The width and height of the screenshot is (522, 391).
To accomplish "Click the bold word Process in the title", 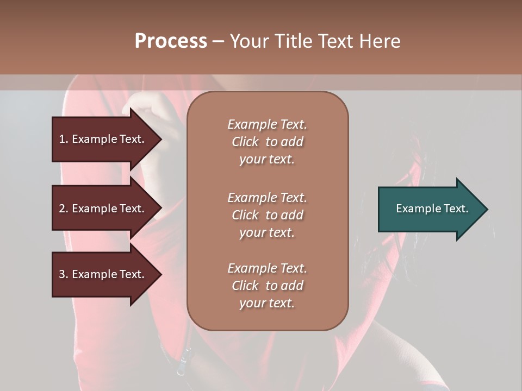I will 171,41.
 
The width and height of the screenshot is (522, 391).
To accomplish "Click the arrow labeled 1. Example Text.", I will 103,139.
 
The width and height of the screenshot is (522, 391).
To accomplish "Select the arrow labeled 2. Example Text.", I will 103,209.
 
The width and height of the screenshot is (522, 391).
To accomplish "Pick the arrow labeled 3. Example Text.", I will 103,274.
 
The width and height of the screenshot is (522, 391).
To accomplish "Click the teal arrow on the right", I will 430,209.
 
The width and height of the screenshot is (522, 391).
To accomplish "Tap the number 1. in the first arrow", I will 64,139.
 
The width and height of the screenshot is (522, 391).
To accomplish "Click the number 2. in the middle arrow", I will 64,209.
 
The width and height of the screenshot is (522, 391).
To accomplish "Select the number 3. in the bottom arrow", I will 64,274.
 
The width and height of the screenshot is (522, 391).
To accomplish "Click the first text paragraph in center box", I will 267,142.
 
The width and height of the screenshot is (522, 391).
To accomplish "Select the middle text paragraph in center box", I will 267,215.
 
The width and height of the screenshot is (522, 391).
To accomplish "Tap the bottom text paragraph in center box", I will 267,286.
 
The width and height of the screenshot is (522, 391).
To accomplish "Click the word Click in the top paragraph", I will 245,142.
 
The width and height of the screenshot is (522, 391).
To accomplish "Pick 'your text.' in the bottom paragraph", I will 267,303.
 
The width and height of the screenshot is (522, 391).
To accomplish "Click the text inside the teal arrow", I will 432,209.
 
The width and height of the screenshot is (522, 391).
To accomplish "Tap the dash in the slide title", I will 218,41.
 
